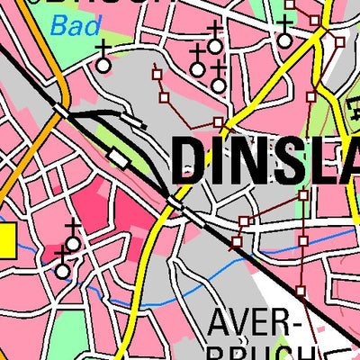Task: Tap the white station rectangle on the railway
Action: pos(118,157)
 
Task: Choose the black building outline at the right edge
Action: pos(351,112)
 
